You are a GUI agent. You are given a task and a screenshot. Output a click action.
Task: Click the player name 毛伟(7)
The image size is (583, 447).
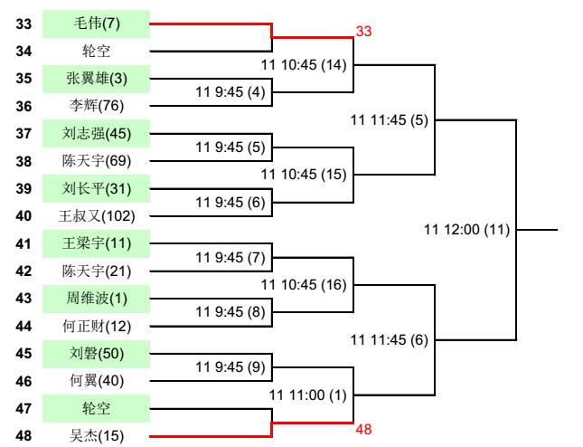[x=96, y=23]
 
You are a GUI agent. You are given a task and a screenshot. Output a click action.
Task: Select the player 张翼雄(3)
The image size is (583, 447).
[x=96, y=78]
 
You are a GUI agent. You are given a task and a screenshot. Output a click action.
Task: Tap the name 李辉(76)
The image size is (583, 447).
[x=96, y=106]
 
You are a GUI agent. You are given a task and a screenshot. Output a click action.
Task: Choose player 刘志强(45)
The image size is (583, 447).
[x=96, y=134]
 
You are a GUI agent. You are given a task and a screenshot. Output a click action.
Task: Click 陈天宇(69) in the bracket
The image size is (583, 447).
[x=96, y=162]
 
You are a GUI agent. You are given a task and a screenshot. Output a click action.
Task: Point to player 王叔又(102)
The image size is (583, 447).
[x=96, y=217]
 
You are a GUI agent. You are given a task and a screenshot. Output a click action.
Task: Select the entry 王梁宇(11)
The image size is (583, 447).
[x=96, y=244]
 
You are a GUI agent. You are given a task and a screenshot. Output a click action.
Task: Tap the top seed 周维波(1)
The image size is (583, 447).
[x=96, y=300]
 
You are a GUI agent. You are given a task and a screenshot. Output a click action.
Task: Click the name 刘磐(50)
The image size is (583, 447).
[x=96, y=355]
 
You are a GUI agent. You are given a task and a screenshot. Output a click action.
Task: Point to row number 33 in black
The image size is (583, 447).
[x=24, y=23]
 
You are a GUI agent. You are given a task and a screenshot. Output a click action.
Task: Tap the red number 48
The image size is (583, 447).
[x=363, y=430]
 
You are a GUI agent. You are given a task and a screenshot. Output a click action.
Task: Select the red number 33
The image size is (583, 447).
[x=363, y=31]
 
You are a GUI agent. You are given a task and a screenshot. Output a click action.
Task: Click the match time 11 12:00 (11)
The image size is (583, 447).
[x=467, y=230]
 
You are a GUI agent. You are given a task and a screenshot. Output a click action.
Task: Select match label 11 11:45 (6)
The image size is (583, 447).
[x=389, y=340]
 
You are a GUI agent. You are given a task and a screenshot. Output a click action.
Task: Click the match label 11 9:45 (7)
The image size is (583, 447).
[x=229, y=257]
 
